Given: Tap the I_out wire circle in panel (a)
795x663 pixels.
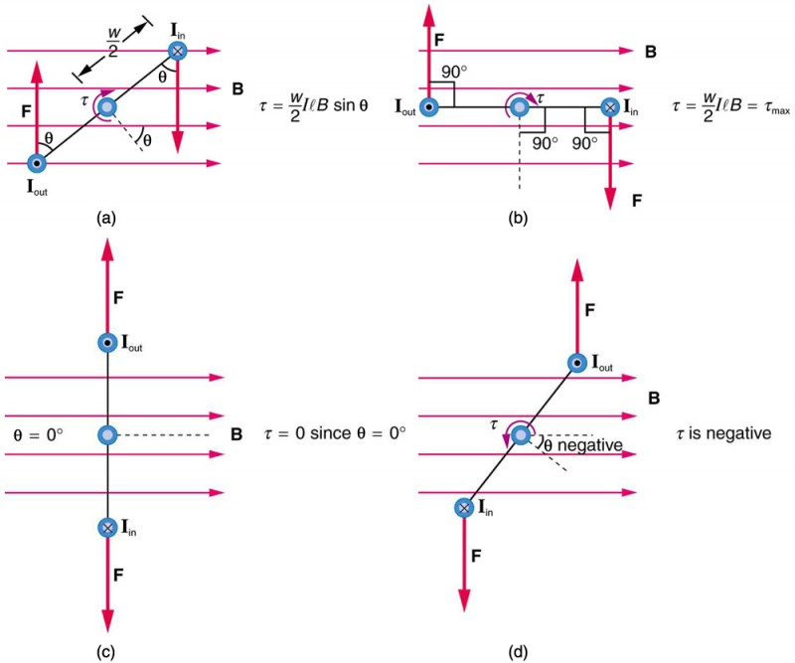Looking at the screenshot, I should (x=37, y=163).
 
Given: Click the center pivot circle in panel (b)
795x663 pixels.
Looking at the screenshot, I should (x=518, y=105).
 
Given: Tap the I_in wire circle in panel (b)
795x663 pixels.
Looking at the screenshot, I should (x=610, y=106).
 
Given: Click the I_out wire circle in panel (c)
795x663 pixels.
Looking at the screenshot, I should (x=107, y=343).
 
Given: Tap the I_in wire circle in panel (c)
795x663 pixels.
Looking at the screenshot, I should (x=107, y=527).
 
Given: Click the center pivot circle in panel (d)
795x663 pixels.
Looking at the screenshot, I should (x=520, y=435).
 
